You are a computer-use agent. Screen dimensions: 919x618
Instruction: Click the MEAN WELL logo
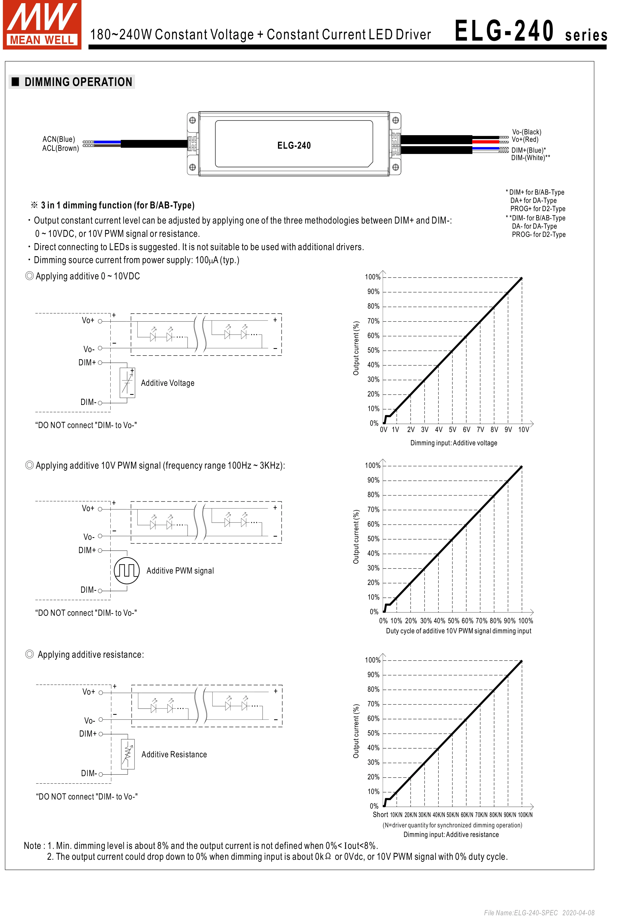point(42,24)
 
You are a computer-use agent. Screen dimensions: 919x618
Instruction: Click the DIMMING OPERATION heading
point(78,82)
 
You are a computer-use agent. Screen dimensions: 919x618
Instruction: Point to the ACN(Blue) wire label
point(59,139)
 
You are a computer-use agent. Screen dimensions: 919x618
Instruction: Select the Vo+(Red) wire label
point(525,139)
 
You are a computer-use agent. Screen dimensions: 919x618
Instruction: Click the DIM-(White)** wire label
point(530,158)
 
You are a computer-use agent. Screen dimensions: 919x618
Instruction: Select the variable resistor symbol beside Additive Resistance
point(128,754)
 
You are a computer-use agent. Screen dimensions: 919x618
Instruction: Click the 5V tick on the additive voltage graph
point(452,430)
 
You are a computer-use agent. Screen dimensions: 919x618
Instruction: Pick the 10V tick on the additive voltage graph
point(523,430)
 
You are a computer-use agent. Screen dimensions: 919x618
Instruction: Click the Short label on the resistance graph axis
point(380,814)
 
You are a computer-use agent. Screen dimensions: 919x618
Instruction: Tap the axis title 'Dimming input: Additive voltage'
point(454,443)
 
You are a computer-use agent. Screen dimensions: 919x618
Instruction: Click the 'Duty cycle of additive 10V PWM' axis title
point(458,631)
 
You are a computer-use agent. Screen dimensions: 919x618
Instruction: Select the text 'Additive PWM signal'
point(180,571)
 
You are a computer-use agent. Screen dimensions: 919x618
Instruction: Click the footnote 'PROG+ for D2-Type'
point(538,209)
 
